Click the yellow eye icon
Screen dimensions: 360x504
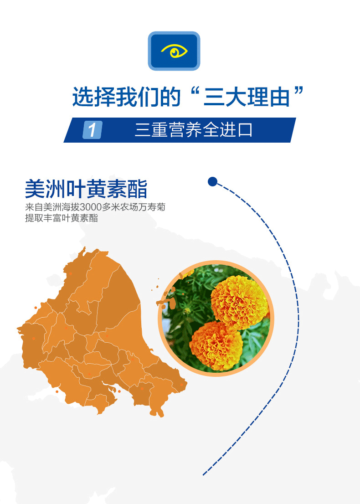tap(174, 51)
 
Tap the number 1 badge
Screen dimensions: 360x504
tap(93, 130)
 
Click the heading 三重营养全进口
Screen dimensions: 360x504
tap(193, 130)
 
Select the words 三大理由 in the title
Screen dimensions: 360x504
tap(247, 97)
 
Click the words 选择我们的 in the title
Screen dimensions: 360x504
tap(126, 97)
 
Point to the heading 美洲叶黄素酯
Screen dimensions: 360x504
tap(86, 189)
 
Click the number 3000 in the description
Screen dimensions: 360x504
tap(91, 207)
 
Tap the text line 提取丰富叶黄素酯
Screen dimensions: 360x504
tap(62, 218)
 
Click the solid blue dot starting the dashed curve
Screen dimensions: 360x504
tap(212, 182)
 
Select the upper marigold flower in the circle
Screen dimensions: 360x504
tap(240, 302)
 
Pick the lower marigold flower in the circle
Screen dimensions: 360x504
tap(216, 346)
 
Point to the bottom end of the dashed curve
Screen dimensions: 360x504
tap(203, 474)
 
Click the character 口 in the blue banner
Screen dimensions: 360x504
tap(245, 130)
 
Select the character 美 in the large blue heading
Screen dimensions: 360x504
tap(35, 189)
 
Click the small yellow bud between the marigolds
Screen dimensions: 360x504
tap(187, 310)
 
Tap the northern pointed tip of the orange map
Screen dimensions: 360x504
tap(85, 247)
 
